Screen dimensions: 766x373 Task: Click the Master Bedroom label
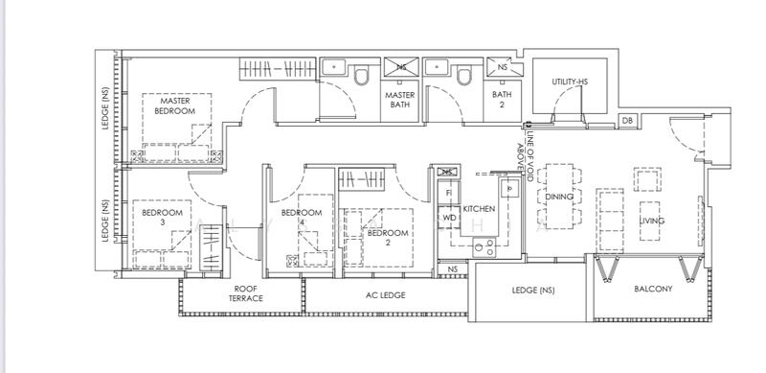tap(175, 105)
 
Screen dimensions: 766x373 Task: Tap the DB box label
tap(628, 121)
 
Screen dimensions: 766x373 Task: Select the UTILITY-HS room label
tap(570, 82)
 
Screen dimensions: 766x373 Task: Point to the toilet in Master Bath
tap(362, 77)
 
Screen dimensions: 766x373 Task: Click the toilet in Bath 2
tap(464, 77)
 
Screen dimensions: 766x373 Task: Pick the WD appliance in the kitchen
tap(448, 218)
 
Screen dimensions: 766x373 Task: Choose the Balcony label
tap(653, 289)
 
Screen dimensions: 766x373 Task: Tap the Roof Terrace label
tap(246, 293)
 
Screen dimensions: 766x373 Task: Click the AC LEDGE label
tap(386, 295)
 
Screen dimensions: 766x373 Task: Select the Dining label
tap(559, 197)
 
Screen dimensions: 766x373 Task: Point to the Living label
tap(652, 221)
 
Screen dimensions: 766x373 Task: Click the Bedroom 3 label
tap(162, 218)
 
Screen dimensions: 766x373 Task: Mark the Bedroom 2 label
tap(388, 238)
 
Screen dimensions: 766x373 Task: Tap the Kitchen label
tap(479, 208)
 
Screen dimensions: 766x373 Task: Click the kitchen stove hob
tap(484, 247)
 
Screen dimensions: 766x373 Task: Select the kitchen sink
tap(509, 188)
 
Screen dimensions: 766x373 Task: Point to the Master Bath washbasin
tap(333, 66)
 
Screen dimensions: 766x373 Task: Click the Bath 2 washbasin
tap(437, 66)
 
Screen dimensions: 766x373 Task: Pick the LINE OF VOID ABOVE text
tap(525, 155)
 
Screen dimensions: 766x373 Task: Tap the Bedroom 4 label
tap(302, 218)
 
